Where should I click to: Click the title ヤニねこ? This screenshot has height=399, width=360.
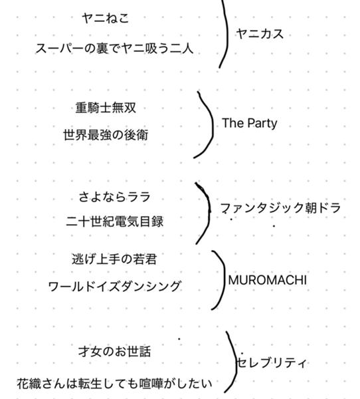click(106, 19)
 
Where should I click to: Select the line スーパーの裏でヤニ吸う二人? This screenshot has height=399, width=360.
click(114, 49)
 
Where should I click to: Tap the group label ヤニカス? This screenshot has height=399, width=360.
click(260, 34)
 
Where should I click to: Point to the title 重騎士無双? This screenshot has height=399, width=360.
click(106, 108)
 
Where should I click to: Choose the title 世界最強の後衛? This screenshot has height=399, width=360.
click(106, 135)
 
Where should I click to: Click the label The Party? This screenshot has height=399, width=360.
click(250, 124)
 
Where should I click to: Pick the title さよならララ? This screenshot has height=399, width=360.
click(114, 198)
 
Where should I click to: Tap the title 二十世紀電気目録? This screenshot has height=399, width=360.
click(114, 221)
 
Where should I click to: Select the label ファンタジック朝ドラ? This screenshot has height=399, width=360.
click(280, 208)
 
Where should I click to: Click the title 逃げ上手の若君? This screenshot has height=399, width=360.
click(114, 259)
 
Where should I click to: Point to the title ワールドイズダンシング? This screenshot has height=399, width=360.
click(114, 287)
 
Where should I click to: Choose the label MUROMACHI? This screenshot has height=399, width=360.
click(268, 281)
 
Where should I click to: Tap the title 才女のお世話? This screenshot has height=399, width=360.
click(114, 352)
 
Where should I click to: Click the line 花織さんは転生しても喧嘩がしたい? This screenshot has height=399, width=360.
click(114, 384)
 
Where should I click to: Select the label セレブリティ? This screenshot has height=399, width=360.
click(272, 363)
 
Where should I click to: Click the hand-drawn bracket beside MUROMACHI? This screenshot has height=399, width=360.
click(224, 280)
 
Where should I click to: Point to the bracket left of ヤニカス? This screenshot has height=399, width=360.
click(227, 33)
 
